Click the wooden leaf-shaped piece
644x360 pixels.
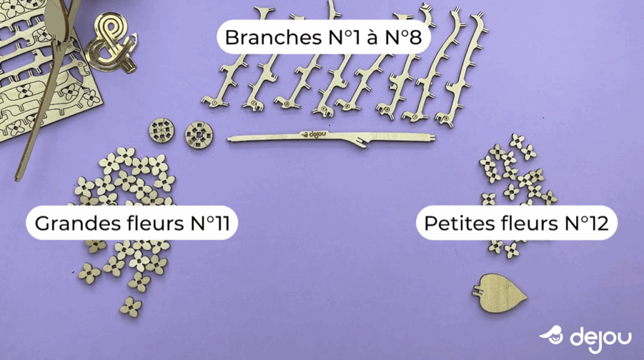[x=501, y=291]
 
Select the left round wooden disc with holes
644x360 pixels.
[x=161, y=131]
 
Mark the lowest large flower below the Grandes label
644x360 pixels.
[x=131, y=307]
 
